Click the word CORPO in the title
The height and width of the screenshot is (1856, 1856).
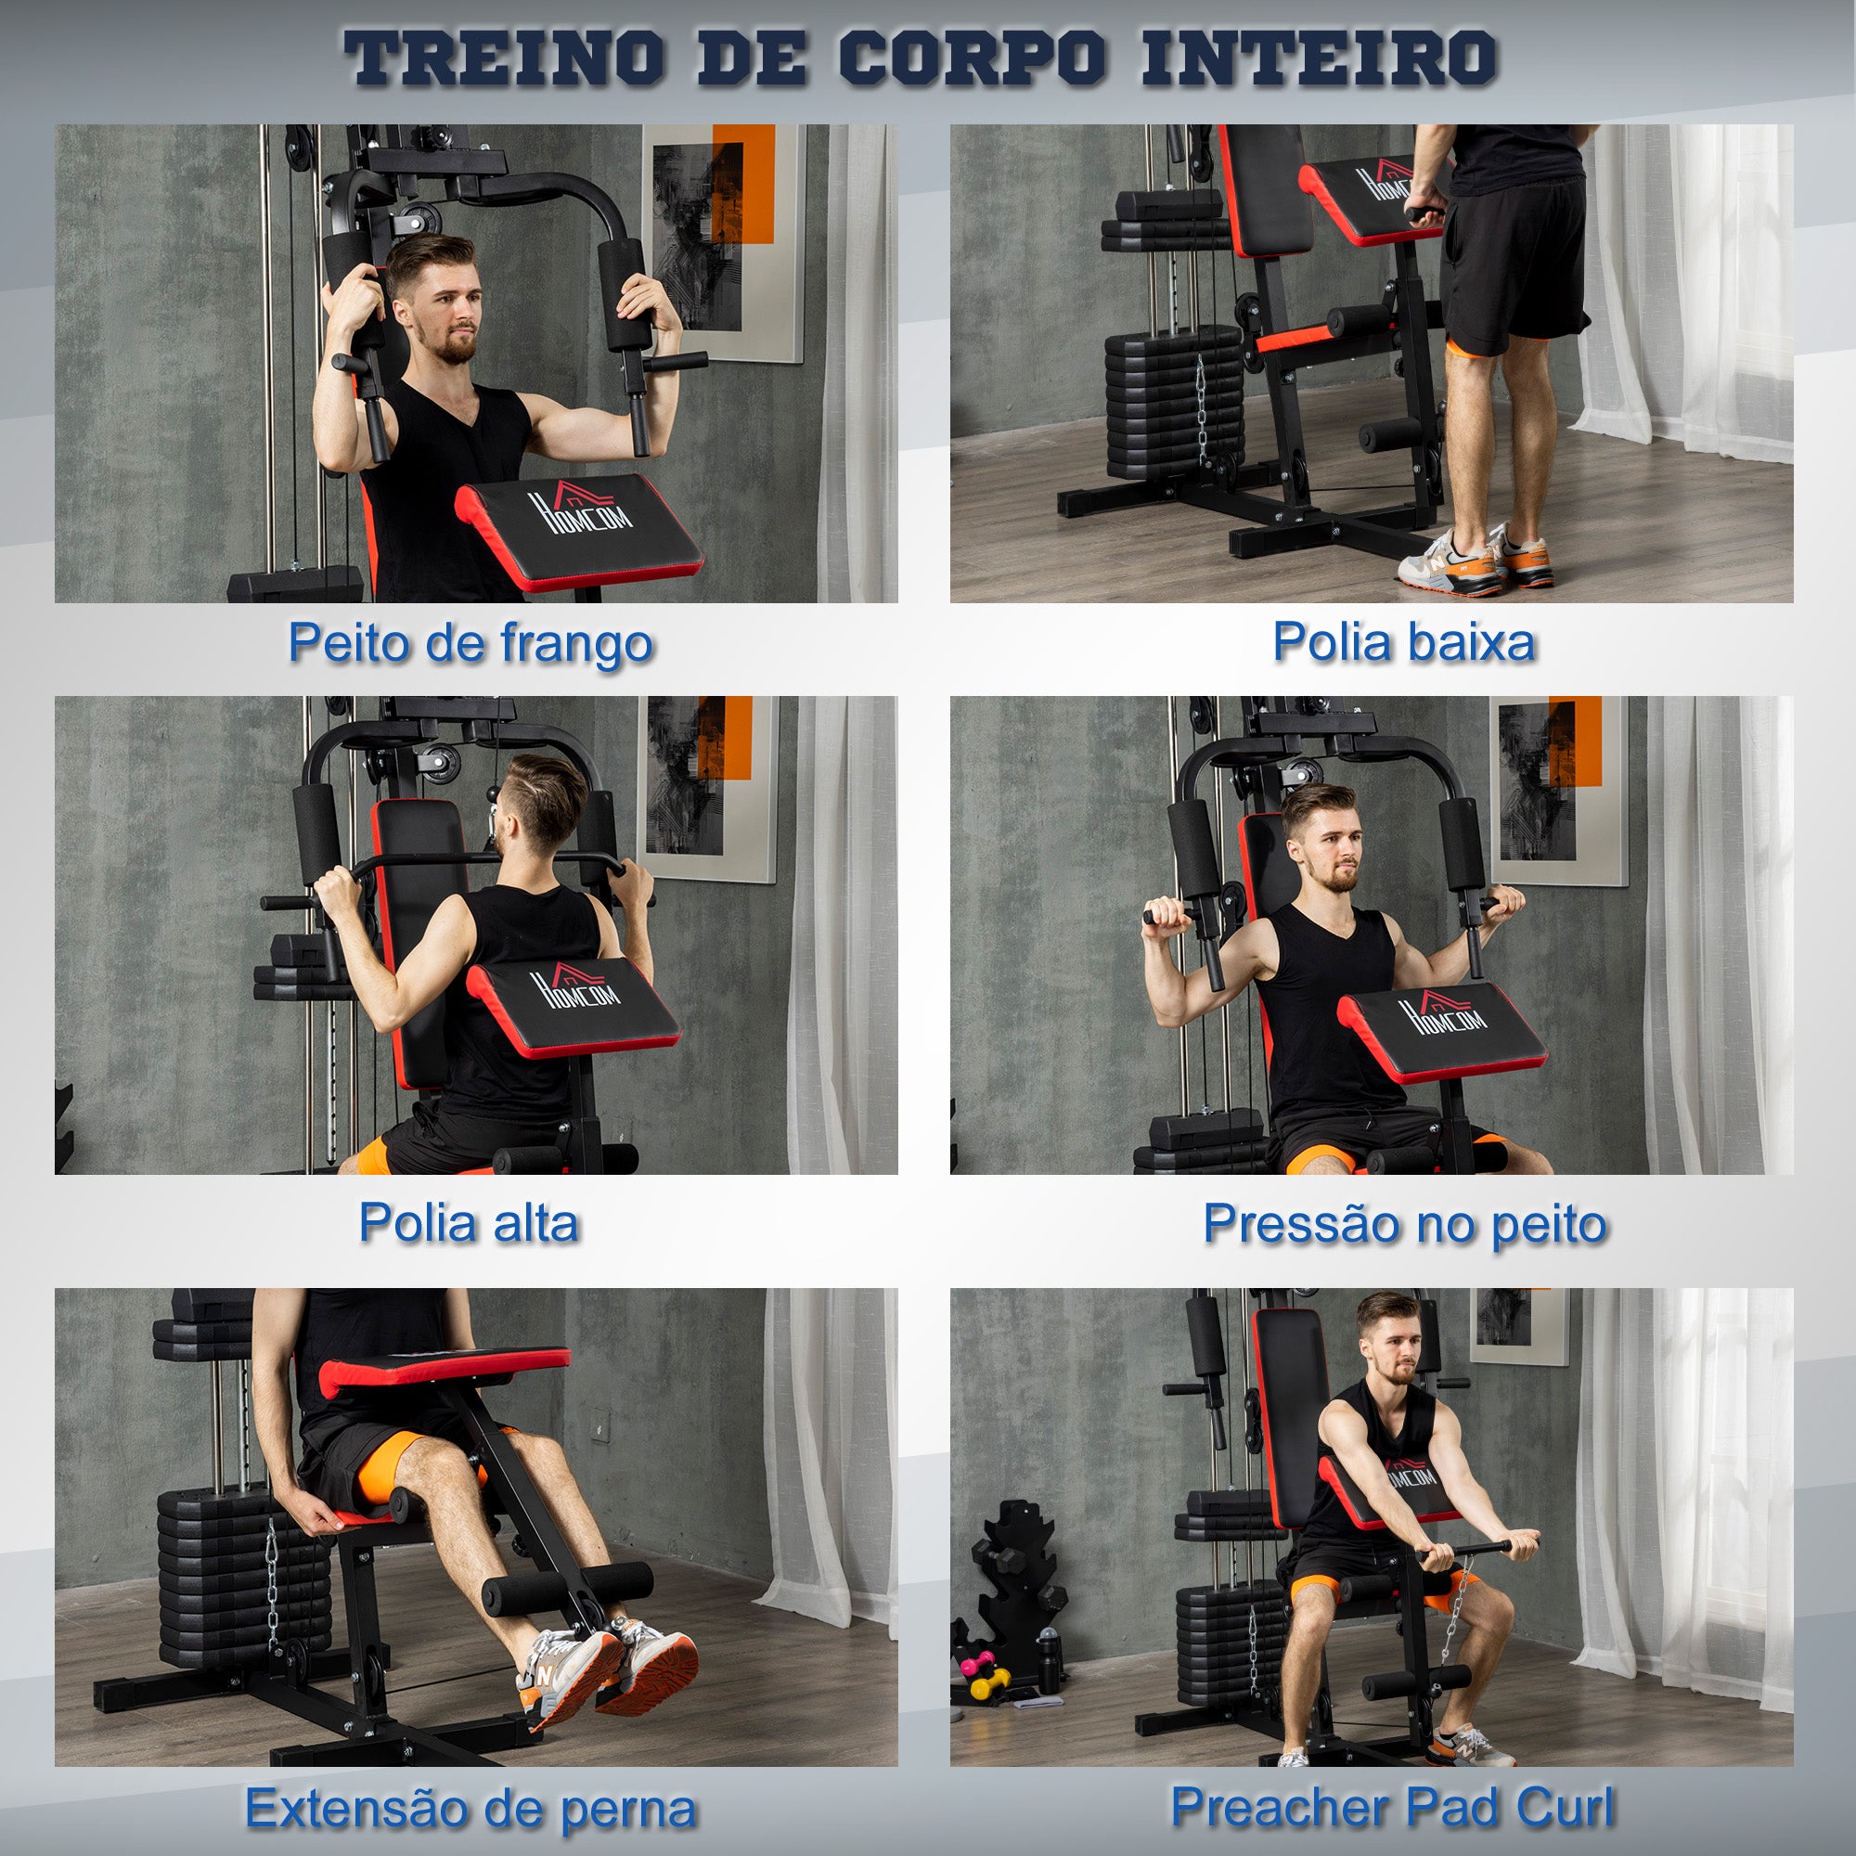(x=973, y=58)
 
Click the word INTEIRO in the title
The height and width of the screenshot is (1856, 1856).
(x=1318, y=58)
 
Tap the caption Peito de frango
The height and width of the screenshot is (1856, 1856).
(x=470, y=642)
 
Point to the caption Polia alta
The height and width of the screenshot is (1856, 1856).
(x=469, y=1223)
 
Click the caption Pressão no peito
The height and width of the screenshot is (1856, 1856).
(x=1404, y=1224)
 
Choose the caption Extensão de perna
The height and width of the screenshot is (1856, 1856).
(x=470, y=1809)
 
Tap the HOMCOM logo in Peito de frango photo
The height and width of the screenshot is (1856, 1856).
(x=582, y=509)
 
